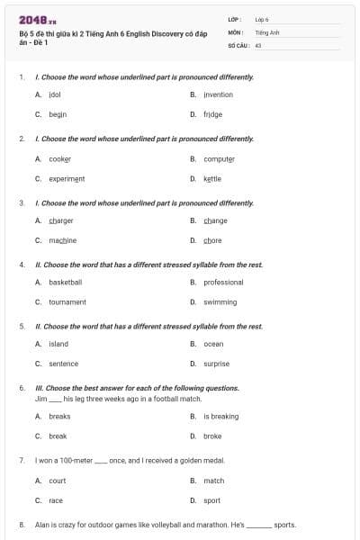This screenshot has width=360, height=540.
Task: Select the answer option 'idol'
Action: coord(54,94)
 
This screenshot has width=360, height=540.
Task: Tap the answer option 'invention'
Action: coord(218,94)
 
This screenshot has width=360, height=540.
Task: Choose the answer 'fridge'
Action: coord(212,114)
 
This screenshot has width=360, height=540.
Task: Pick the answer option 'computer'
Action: coord(219,158)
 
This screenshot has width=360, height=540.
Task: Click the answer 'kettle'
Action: coord(212,178)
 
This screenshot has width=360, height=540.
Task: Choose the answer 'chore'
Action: coord(212,240)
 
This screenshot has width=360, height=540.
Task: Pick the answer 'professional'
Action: coord(223,282)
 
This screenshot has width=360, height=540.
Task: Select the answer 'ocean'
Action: coord(213,344)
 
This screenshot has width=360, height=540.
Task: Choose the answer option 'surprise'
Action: coord(216,364)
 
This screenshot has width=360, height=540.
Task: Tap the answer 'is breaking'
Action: coord(220,417)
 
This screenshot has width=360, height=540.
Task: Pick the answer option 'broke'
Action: coord(212,436)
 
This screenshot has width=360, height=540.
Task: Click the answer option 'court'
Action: coord(57,481)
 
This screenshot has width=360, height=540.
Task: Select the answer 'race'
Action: coord(56,500)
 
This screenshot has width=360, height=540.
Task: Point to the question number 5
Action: coord(22,326)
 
